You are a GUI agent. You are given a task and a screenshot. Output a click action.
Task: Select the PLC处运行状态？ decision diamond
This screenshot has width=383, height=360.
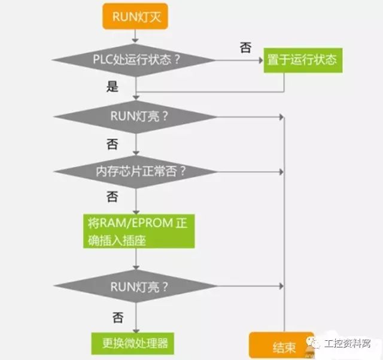(136, 60)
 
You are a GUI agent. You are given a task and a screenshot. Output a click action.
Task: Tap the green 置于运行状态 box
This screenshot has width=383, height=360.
(303, 60)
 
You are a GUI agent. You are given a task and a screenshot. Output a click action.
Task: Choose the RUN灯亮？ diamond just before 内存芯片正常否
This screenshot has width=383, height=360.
(136, 116)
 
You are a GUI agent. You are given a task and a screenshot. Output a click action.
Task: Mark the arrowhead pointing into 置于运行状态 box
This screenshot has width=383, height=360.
(260, 60)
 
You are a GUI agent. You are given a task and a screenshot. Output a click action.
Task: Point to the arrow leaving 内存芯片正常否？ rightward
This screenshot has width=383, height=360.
(251, 171)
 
